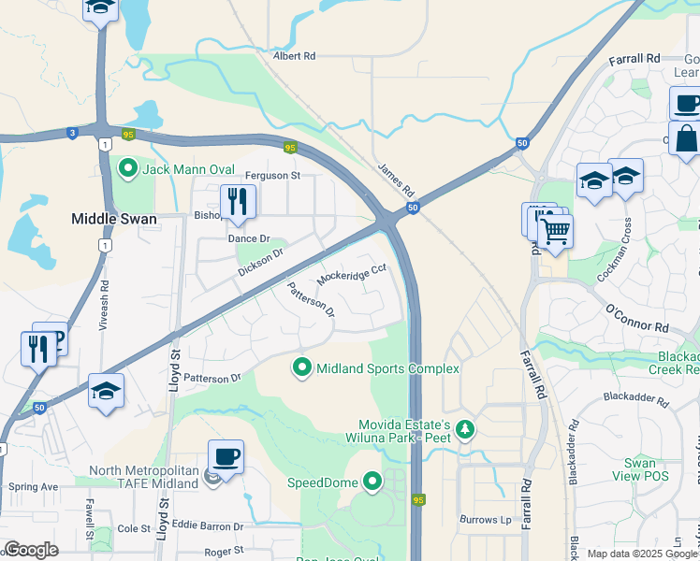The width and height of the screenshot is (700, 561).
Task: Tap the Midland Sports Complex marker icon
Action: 302,368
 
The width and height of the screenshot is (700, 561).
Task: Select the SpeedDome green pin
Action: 372,482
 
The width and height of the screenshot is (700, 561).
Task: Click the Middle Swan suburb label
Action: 113,218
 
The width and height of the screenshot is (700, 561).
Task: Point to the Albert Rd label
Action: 294,56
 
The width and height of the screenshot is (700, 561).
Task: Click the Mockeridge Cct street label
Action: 352,274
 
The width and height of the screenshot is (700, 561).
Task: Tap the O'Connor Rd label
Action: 636,319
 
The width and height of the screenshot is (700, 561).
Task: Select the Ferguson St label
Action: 272,175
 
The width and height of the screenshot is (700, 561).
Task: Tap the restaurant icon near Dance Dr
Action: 238,201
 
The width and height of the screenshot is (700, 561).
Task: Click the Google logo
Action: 31,550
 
